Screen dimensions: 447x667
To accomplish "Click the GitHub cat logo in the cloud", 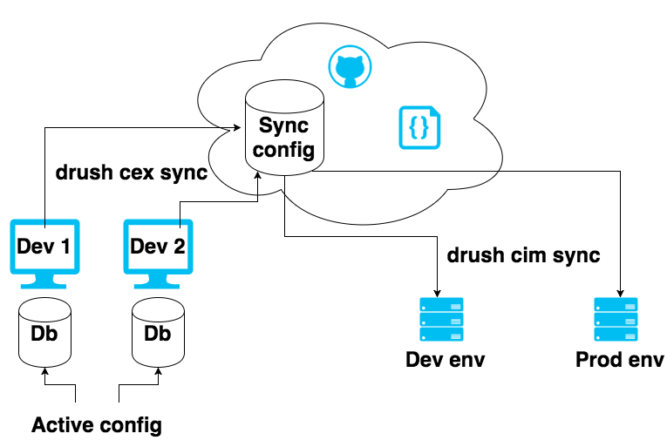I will [350, 67].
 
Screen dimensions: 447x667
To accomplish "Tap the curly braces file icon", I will [419, 127].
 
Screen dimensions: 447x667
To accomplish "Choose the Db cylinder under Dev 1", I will [44, 333].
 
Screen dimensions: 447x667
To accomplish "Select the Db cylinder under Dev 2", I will [158, 333].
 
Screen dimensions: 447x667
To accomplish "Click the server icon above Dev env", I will [441, 320].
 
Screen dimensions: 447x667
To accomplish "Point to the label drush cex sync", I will [132, 173].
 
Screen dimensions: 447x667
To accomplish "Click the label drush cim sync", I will [523, 255].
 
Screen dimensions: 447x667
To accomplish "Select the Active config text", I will [97, 426].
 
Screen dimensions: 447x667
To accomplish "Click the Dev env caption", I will [445, 360].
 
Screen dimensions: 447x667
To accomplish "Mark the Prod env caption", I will [620, 360].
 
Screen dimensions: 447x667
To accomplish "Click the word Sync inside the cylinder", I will [284, 125].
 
